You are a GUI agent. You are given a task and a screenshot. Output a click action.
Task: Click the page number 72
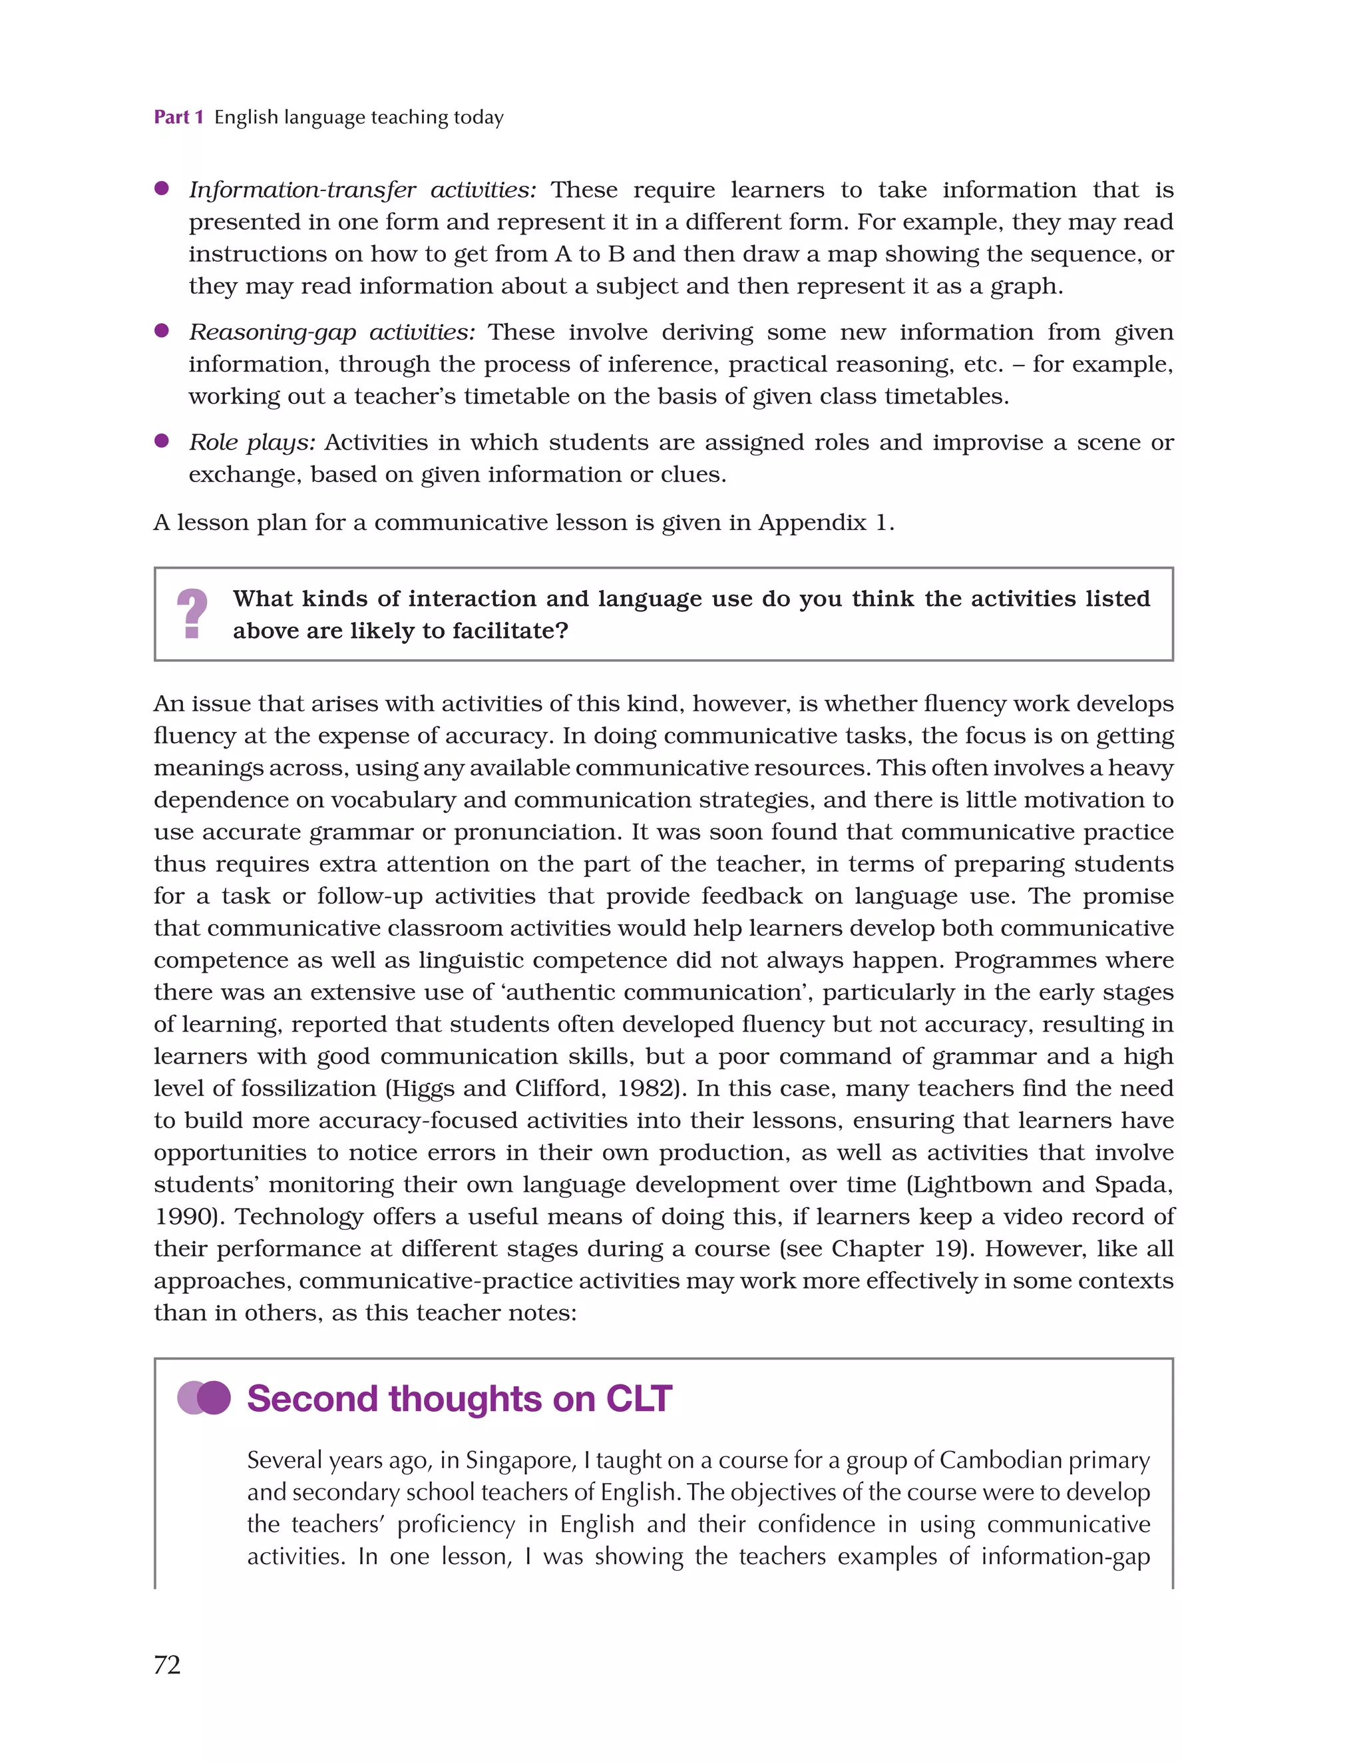(167, 1663)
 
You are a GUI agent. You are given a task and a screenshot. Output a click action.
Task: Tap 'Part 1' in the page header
(178, 118)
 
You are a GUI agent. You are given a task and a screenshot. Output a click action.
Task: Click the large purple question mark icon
(192, 614)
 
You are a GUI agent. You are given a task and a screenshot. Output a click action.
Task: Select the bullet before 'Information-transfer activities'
(161, 189)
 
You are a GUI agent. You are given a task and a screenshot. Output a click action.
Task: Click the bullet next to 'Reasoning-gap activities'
(161, 331)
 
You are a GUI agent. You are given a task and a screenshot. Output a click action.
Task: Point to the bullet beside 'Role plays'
(161, 441)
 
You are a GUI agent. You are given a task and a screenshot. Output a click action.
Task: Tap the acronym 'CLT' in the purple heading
(639, 1398)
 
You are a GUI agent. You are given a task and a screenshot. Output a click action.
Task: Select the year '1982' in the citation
(645, 1088)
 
